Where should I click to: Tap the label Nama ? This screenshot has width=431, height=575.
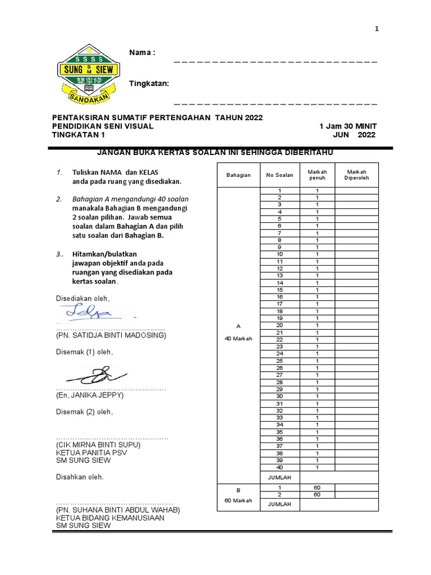point(142,52)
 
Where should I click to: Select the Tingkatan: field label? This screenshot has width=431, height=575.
point(149,84)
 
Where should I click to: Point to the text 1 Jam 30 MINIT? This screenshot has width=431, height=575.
point(348,126)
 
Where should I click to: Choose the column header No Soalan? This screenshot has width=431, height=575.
point(279,175)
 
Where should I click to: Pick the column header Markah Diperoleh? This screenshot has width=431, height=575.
point(356,175)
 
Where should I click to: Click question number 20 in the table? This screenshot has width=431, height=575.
point(279,325)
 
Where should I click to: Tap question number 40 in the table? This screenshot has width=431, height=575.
point(279,467)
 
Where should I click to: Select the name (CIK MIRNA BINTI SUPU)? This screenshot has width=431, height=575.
point(98,445)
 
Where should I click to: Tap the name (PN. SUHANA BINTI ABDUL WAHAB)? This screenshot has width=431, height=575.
point(117,510)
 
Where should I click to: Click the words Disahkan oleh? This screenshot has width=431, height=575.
point(80,477)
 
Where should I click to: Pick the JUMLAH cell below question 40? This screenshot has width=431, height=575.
point(279,477)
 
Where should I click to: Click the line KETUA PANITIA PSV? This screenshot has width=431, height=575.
point(91,453)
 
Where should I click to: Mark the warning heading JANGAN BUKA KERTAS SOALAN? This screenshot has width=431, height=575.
point(218,153)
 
